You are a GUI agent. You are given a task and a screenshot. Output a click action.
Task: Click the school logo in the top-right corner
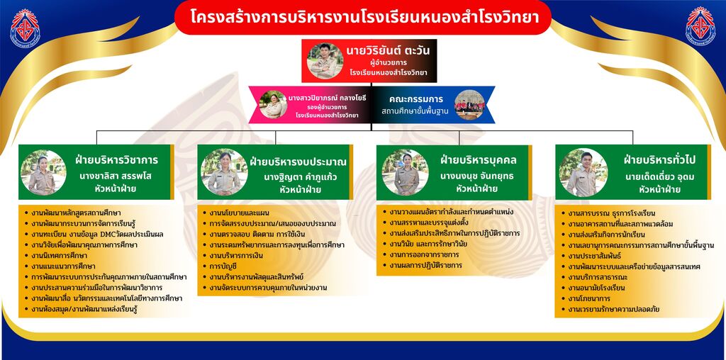(700, 26)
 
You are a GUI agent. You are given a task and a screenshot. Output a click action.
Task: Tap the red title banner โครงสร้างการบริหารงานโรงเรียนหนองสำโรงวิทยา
(363, 18)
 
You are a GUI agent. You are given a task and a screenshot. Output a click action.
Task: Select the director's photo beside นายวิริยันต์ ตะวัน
(325, 61)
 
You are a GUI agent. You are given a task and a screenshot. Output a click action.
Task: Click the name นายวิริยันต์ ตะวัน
(388, 50)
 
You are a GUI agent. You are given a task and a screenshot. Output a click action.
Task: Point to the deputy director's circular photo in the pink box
(273, 104)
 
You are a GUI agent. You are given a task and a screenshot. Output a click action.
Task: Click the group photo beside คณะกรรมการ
(469, 105)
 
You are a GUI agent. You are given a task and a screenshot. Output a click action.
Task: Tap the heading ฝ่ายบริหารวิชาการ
(117, 161)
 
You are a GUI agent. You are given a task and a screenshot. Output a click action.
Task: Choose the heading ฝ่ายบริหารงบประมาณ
(298, 162)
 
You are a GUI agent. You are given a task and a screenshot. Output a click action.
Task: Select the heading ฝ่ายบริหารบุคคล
(479, 161)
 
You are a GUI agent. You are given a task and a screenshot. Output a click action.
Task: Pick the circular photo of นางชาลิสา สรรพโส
(43, 172)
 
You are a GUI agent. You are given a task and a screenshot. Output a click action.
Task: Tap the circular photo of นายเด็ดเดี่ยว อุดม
(583, 172)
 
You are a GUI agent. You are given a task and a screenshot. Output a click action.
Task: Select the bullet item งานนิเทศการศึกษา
(60, 255)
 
